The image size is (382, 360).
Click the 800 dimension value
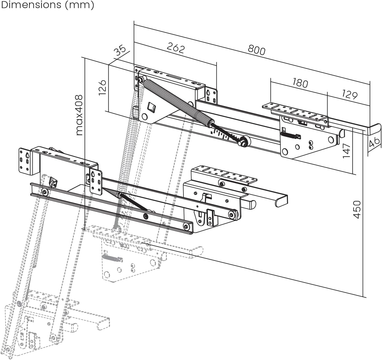256,50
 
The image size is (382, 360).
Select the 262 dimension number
176,48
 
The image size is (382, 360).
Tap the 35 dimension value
120,51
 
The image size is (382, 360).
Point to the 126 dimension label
102,87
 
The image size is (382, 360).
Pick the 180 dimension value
300,83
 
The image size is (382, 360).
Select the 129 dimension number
349,94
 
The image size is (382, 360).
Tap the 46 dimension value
374,143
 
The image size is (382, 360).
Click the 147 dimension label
346,151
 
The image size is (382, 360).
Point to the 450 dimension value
357,209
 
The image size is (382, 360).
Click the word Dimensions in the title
31,5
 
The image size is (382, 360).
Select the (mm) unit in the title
80,5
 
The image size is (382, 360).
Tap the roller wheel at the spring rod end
245,141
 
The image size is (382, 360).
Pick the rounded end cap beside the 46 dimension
374,130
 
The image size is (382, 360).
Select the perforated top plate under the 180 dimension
295,112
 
